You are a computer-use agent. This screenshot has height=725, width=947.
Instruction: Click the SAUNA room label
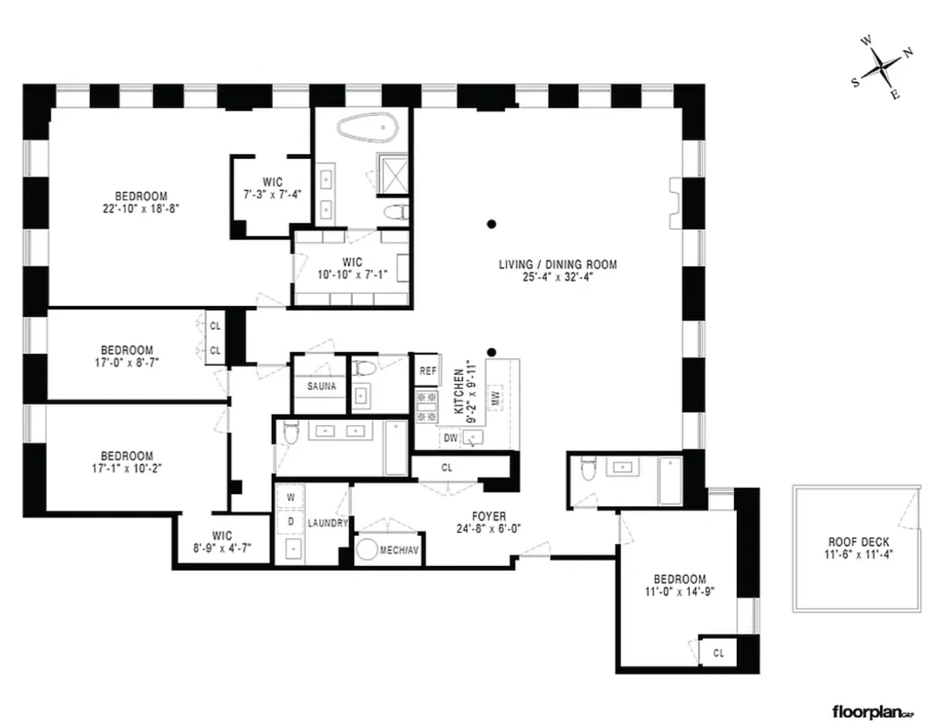[322, 386]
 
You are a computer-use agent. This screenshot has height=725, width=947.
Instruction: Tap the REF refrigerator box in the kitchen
[428, 370]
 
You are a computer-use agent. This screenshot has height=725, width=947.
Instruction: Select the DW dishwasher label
[450, 438]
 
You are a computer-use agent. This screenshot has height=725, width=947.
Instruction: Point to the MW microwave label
[495, 398]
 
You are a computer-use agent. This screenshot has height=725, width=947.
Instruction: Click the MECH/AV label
[399, 550]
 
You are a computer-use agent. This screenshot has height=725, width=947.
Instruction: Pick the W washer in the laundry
[291, 497]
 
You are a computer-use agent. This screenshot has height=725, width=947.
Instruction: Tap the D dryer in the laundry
[291, 522]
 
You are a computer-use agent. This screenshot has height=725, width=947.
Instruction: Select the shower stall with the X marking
[393, 174]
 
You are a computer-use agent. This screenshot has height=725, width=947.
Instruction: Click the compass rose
[882, 68]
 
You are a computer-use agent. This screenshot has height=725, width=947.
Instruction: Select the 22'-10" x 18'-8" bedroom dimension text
[141, 209]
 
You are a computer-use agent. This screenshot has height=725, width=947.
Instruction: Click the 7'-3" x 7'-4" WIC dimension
[272, 194]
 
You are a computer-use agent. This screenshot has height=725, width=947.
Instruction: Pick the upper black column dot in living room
[491, 224]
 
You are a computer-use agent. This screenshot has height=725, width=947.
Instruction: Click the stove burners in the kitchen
[426, 407]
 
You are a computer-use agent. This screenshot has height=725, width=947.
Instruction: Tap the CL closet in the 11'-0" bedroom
[718, 653]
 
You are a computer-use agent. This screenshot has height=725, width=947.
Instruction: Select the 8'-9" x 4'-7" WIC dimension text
[222, 548]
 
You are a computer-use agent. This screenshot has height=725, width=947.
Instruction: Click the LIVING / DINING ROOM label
[558, 264]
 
